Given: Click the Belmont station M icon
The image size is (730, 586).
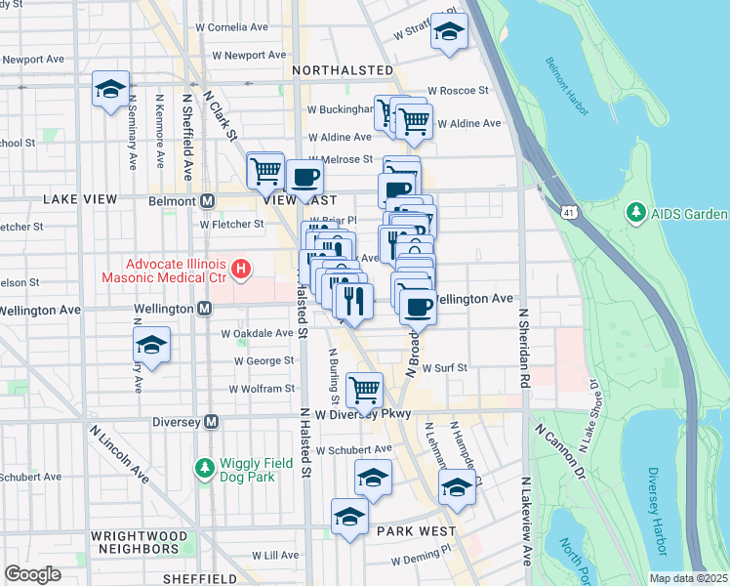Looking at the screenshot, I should click(x=207, y=201).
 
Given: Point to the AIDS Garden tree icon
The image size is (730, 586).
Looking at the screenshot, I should click(x=636, y=213).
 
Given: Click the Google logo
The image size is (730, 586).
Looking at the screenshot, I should click(x=32, y=574).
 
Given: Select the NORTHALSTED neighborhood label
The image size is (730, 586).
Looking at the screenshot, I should click(x=339, y=70).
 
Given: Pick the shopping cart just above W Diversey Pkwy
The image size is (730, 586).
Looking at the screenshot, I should click(x=364, y=389).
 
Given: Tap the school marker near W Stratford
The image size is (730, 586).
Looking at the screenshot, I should click(x=449, y=33).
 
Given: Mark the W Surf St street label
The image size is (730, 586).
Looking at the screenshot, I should click(x=445, y=368).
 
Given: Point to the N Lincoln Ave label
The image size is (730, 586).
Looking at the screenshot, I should click(x=120, y=454).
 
